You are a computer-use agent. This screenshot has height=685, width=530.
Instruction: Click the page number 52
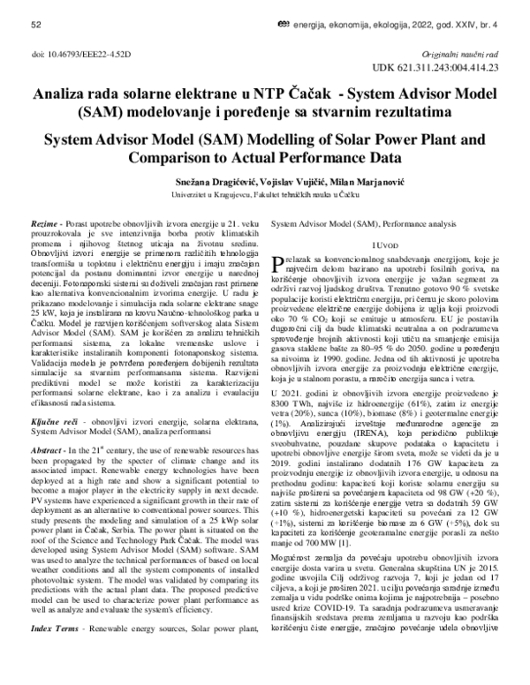click(x=36, y=27)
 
